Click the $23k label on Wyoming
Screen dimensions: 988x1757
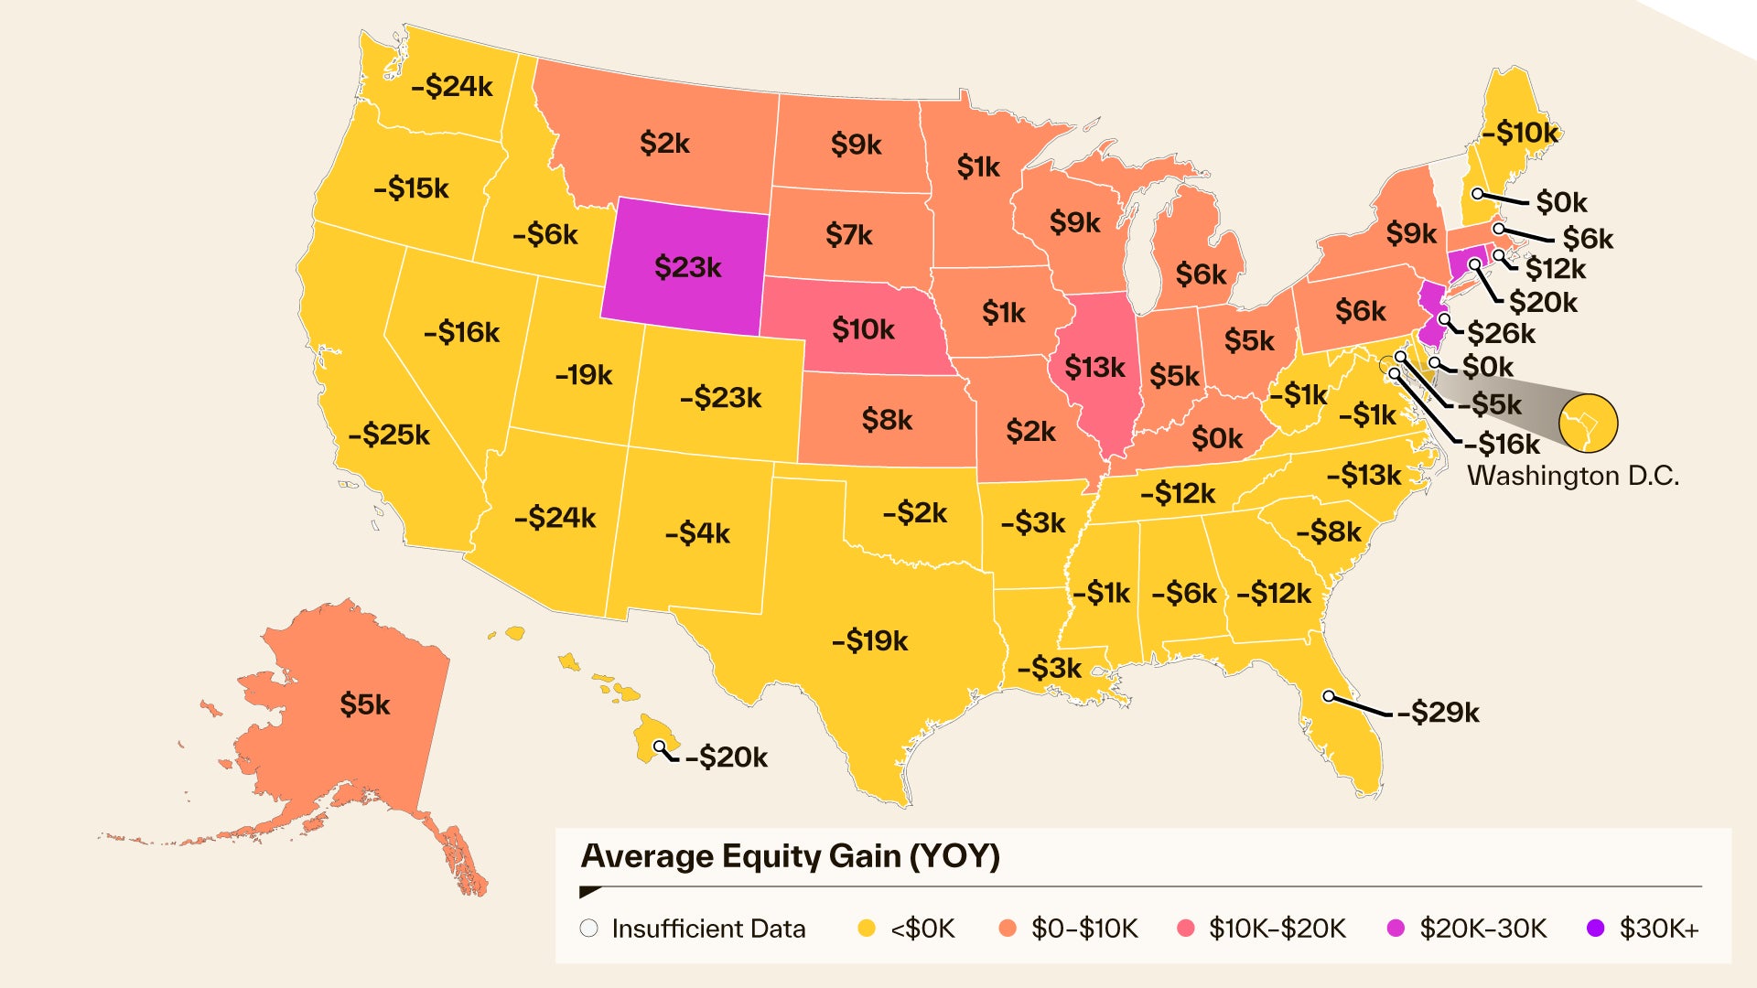(x=687, y=267)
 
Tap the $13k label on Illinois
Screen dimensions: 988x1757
(x=1094, y=368)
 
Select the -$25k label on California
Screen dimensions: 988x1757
(x=389, y=434)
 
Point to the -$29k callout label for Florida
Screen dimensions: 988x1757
(x=1438, y=712)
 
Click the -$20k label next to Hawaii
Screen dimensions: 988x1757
(x=727, y=757)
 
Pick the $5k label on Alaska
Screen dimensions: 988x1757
(x=365, y=704)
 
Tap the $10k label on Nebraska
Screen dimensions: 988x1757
(x=863, y=328)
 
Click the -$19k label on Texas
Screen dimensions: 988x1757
(x=869, y=640)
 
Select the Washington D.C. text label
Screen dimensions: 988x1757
(x=1573, y=476)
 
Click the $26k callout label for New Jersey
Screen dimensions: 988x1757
(x=1501, y=333)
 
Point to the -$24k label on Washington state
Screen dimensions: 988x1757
(x=452, y=86)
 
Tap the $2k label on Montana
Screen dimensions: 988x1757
(x=664, y=143)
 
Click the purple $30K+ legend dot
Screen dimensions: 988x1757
(x=1596, y=929)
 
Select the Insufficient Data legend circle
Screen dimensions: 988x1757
(x=589, y=929)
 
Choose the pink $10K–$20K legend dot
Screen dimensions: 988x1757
(x=1186, y=929)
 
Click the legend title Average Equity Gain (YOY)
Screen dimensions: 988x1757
(x=791, y=856)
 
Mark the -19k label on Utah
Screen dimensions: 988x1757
(x=584, y=374)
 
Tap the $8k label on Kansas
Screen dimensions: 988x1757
(x=887, y=420)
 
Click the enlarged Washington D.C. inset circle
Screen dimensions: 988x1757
(x=1589, y=423)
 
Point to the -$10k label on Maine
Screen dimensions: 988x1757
(x=1520, y=133)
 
